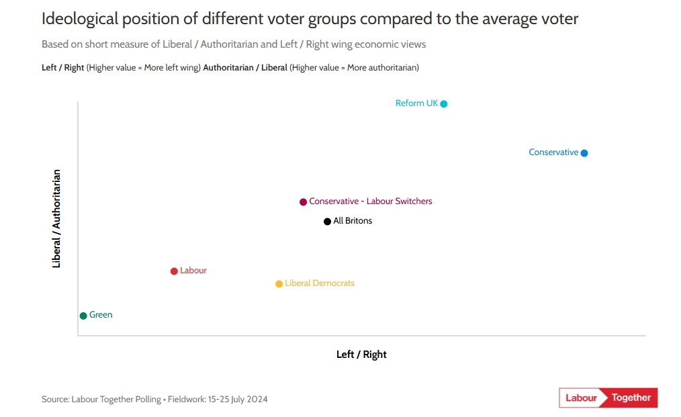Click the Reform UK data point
(x=444, y=103)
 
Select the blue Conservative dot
(x=584, y=153)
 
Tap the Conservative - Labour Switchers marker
(x=304, y=202)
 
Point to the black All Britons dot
(x=328, y=222)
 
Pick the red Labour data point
(x=174, y=271)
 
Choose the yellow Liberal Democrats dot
(x=279, y=284)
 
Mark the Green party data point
(x=83, y=316)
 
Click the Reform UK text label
(x=416, y=103)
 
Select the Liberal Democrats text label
(x=320, y=283)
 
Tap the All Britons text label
(x=353, y=221)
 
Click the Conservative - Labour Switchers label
(x=371, y=201)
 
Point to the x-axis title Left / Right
(x=361, y=355)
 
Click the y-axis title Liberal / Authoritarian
(x=56, y=219)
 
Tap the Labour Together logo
(x=608, y=398)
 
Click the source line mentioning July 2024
(x=154, y=400)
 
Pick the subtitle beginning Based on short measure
(x=234, y=44)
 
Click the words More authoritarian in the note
(x=381, y=68)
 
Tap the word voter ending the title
(x=557, y=19)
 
